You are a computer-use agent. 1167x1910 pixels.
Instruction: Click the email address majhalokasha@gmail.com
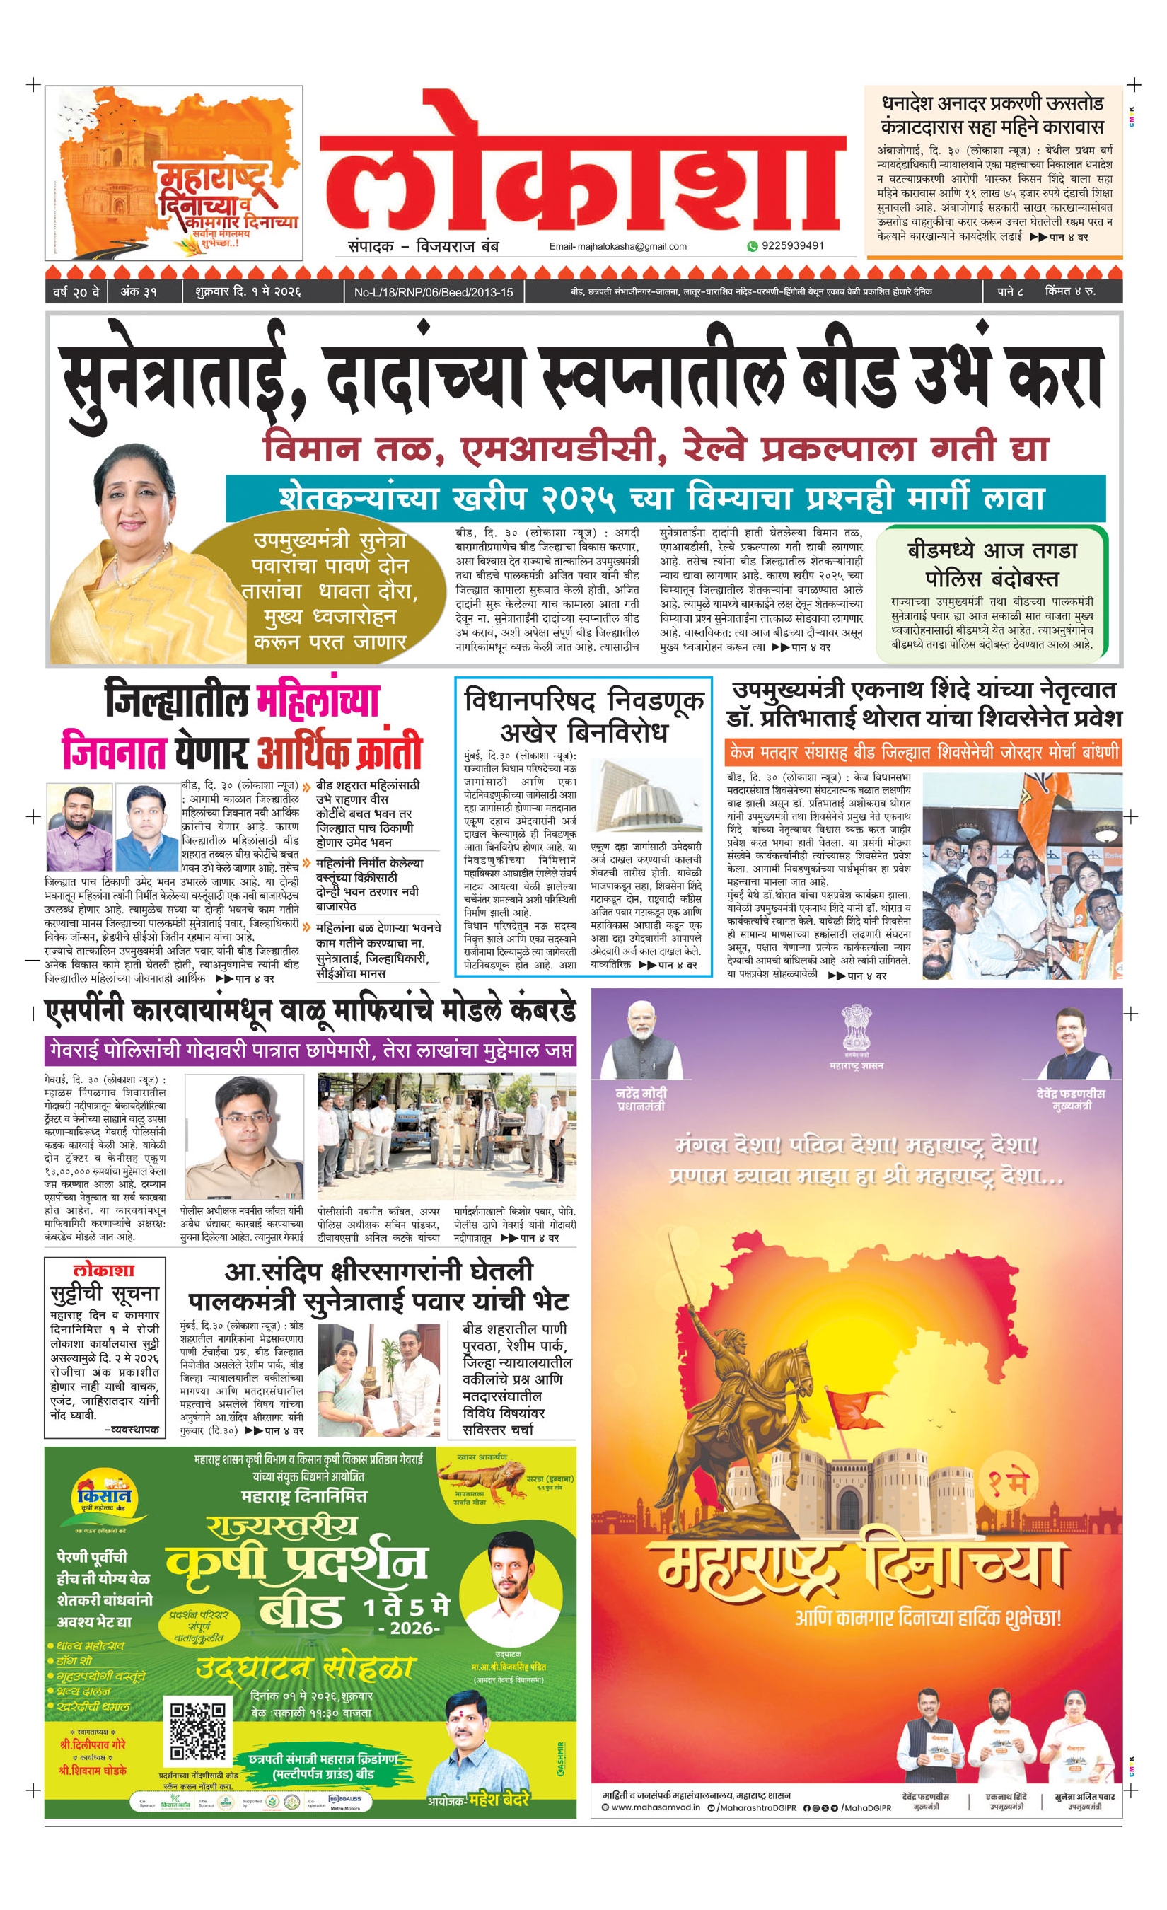coord(617,246)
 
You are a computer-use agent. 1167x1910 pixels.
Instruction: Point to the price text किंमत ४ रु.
coord(1069,291)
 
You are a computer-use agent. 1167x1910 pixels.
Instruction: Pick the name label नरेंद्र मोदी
coord(641,1093)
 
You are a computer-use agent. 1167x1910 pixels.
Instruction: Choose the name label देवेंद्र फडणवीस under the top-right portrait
coord(1070,1094)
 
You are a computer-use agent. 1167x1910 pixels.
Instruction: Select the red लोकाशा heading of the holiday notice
coord(104,1271)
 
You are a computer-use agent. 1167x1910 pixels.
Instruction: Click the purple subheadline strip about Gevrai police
coord(310,1051)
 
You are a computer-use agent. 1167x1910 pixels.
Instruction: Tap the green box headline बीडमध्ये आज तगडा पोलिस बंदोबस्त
coord(992,565)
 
